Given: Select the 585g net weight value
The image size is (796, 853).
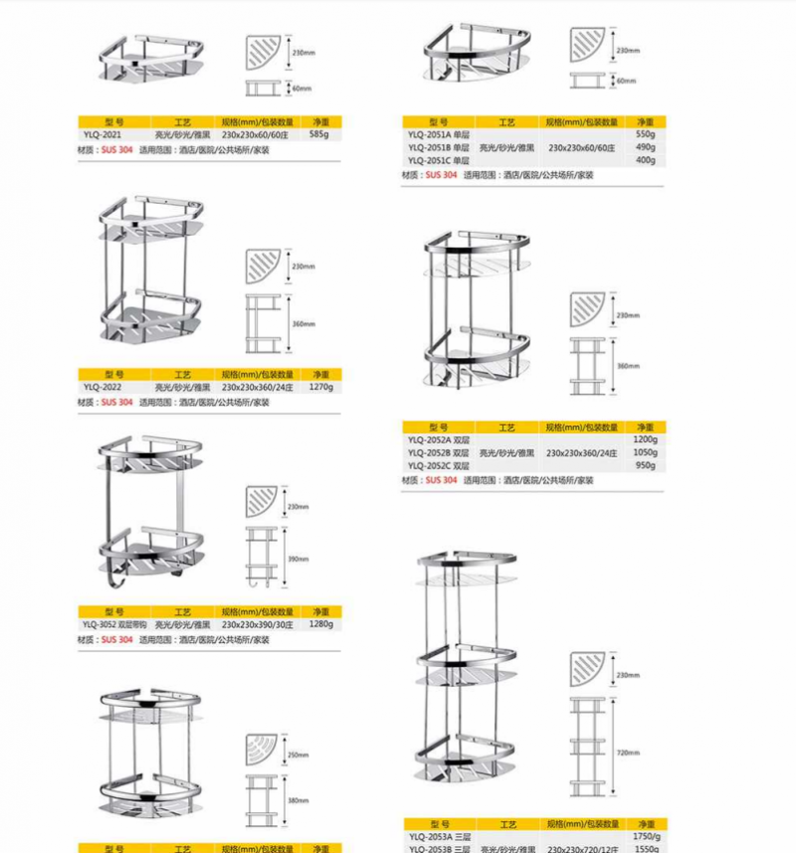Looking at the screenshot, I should [319, 133].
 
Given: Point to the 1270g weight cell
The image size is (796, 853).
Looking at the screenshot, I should [320, 387].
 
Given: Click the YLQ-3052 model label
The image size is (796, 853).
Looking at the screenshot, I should [114, 624].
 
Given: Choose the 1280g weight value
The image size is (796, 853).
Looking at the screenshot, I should [320, 624].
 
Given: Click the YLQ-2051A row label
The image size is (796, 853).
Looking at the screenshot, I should [438, 134].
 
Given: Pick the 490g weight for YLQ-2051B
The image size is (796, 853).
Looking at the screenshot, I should [646, 147].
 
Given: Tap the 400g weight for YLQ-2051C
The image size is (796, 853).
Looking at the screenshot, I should [646, 160].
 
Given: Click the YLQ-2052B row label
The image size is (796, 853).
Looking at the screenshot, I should [438, 453].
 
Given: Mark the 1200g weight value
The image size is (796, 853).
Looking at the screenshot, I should [646, 440].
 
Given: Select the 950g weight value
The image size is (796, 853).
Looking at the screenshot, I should [646, 466].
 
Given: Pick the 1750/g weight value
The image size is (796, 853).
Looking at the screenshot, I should [646, 838].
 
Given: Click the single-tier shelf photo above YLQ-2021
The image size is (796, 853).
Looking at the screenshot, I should [155, 60].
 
